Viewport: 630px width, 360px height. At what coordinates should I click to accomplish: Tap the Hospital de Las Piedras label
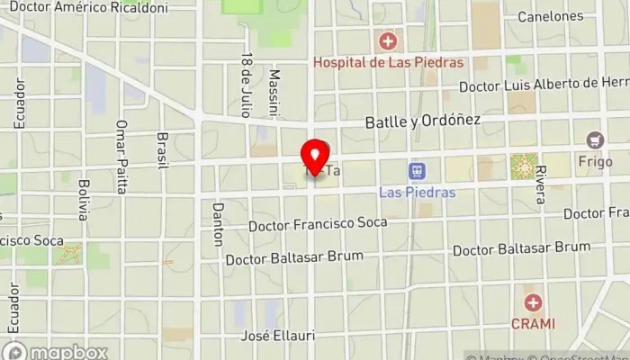click(388, 62)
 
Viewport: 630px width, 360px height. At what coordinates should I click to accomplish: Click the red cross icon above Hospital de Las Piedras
click(388, 41)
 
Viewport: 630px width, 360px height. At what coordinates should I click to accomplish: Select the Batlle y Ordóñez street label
click(422, 121)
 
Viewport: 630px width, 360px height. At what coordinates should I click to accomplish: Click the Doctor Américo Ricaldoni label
click(88, 7)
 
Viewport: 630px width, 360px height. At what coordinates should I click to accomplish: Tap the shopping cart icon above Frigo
click(594, 140)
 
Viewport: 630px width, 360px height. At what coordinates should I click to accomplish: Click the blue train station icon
click(417, 170)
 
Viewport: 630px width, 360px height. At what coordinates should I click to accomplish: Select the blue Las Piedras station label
click(417, 193)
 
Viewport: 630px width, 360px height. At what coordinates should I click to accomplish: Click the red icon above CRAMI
click(534, 303)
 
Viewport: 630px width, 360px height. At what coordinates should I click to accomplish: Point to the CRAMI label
click(534, 323)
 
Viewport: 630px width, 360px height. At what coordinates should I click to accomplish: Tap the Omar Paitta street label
click(121, 157)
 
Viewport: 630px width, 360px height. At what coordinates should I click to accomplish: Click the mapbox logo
click(56, 351)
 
